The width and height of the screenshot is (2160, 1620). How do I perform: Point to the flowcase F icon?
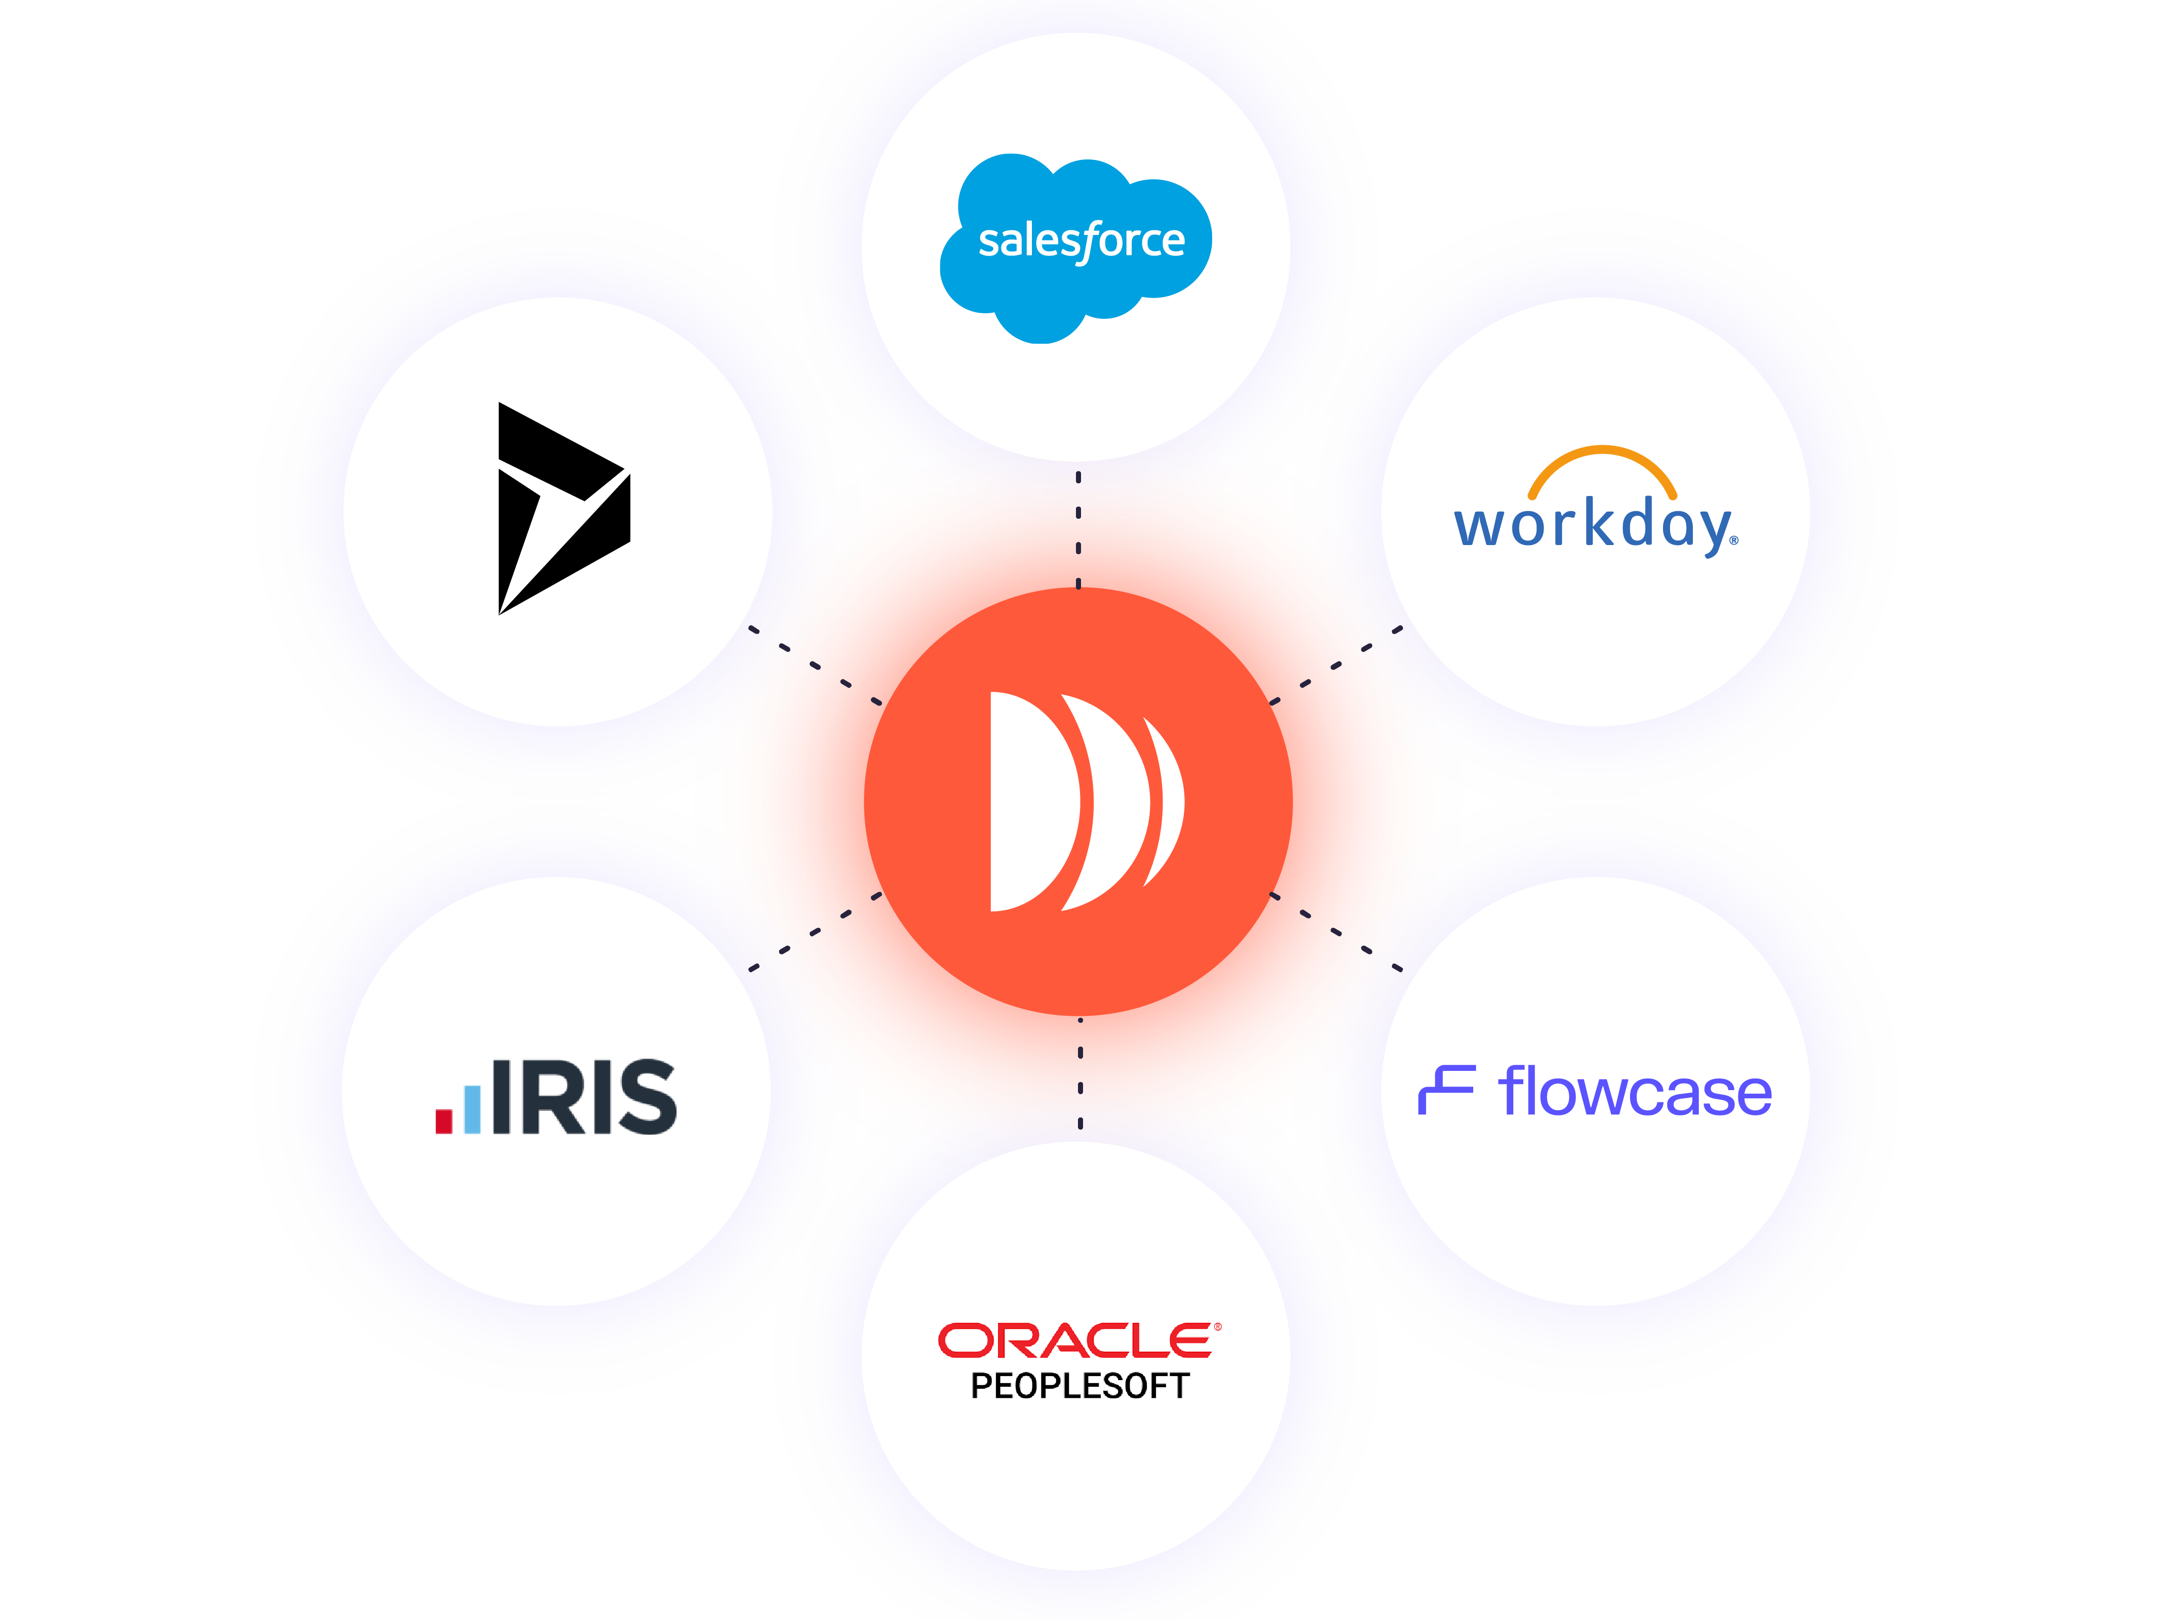pos(1445,1090)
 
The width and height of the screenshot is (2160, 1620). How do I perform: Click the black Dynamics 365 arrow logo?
pos(561,508)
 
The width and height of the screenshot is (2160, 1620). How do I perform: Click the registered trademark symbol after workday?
pos(1733,540)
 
